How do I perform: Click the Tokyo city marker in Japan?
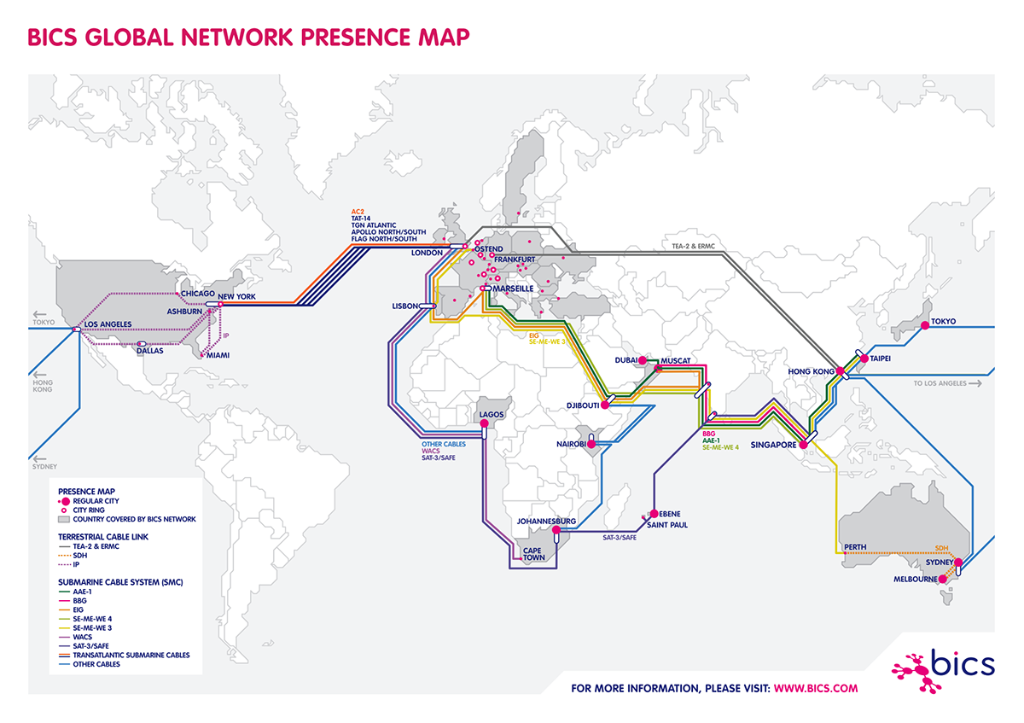pos(925,325)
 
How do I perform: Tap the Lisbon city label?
pos(405,305)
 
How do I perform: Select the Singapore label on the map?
pos(772,445)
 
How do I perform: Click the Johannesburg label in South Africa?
pos(547,521)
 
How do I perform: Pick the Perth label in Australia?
pos(854,546)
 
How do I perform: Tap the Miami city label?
pos(216,356)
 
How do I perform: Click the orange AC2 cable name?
pos(358,210)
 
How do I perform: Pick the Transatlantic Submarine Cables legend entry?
pos(131,655)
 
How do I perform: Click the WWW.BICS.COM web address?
pos(815,687)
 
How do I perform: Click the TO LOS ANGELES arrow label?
pos(946,383)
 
